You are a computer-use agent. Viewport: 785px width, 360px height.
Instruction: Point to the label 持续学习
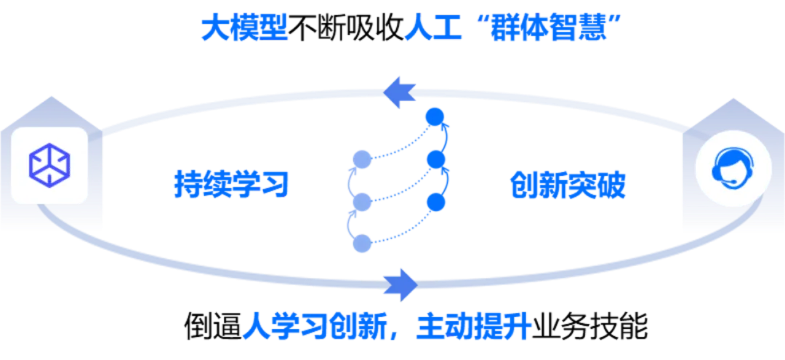[231, 185]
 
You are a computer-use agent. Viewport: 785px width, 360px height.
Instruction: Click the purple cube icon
[49, 164]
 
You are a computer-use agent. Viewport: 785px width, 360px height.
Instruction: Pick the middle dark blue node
[435, 159]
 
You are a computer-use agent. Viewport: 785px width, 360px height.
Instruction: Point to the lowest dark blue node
[435, 201]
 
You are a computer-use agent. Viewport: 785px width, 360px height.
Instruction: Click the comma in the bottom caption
[400, 335]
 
